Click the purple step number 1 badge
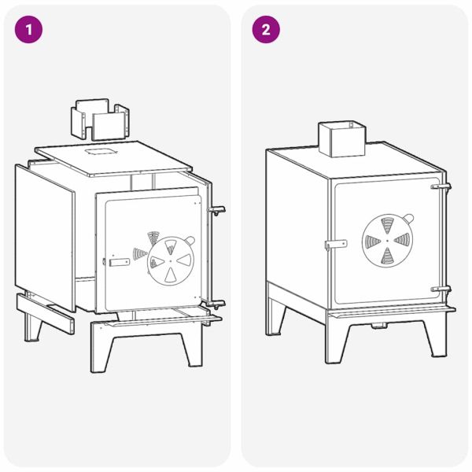(28, 30)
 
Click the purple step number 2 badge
(266, 30)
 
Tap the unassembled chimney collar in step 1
(100, 120)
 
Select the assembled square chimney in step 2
(342, 139)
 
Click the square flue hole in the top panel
(101, 151)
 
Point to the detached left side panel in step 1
(45, 238)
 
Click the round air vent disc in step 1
(171, 260)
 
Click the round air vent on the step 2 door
(387, 241)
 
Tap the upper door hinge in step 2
(441, 186)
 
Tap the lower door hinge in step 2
(441, 289)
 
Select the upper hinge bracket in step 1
(216, 210)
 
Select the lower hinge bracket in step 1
(216, 304)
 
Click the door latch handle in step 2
(336, 244)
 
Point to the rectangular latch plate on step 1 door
(120, 262)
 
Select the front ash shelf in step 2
(392, 312)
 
